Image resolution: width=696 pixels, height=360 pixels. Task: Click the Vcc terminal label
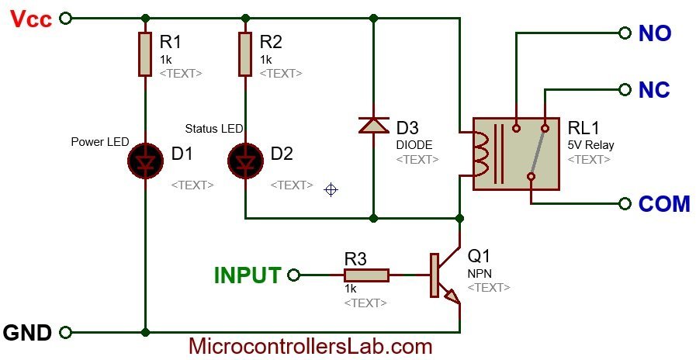click(31, 17)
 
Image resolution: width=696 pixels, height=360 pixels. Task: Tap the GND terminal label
click(28, 333)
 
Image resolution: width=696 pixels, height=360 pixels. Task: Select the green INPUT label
click(248, 275)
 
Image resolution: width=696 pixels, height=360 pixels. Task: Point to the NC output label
click(654, 91)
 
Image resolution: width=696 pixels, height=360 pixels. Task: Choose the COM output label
click(663, 204)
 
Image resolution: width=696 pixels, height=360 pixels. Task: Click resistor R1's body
click(145, 54)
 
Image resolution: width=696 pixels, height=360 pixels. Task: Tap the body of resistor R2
click(245, 54)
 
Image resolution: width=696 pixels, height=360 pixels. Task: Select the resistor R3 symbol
click(367, 275)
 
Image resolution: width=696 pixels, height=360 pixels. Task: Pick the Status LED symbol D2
click(245, 159)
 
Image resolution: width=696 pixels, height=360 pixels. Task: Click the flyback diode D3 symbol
click(374, 124)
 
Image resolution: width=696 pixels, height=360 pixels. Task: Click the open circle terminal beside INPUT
click(293, 275)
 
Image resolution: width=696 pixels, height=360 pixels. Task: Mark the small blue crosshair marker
click(331, 189)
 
